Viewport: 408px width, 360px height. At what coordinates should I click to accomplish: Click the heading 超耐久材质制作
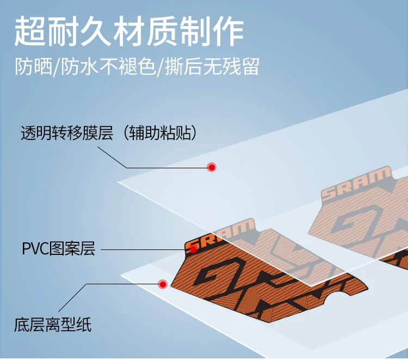129,32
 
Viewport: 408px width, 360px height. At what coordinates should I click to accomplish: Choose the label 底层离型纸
53,325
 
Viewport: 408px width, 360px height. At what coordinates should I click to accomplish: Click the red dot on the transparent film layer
212,167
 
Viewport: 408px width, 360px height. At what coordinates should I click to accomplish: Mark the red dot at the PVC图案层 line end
193,249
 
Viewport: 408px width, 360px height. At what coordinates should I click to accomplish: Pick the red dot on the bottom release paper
162,284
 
